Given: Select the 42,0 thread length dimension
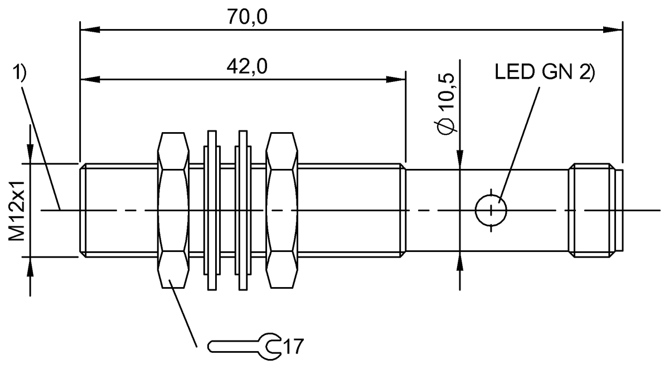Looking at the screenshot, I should tap(247, 67).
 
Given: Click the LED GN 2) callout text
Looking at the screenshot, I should tap(544, 72).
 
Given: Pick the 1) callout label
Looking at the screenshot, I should tap(19, 72).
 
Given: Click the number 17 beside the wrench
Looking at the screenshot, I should tap(293, 346).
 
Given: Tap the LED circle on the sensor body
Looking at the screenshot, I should tap(491, 211).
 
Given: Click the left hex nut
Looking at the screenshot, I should tap(173, 210).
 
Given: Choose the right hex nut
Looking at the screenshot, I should tap(282, 210).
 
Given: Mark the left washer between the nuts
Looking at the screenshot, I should tap(211, 210).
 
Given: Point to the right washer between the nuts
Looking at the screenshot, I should tap(243, 210).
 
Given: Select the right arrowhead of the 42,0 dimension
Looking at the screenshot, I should tap(398, 79).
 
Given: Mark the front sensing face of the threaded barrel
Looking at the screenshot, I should tap(81, 210).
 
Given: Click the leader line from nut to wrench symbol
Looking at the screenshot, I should tap(184, 315).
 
